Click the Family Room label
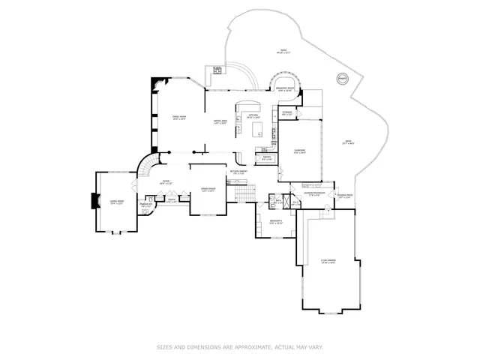[179, 118]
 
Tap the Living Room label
[116, 202]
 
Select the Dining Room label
[208, 190]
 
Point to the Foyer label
[166, 182]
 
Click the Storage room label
[286, 113]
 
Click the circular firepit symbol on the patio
[342, 78]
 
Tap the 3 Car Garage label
[328, 262]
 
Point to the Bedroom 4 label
[275, 221]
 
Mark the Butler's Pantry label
[238, 173]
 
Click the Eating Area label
[220, 121]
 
